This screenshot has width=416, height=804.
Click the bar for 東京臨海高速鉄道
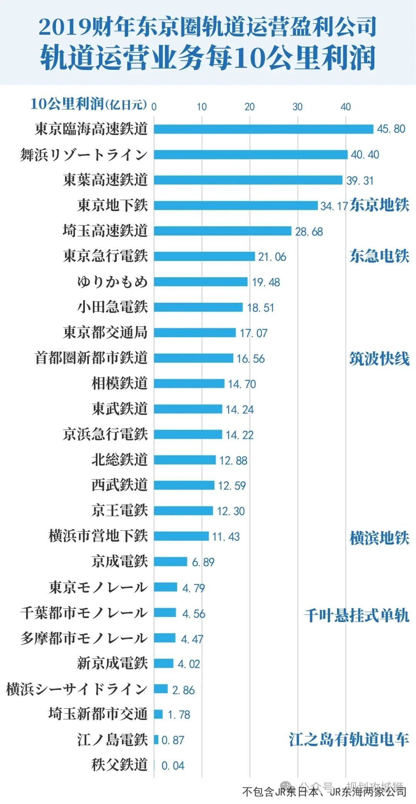point(263,129)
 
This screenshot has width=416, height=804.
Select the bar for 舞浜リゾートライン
point(251,154)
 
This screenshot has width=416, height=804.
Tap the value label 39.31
point(360,180)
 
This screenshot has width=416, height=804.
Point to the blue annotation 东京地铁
point(379,205)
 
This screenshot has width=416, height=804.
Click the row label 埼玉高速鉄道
point(105,231)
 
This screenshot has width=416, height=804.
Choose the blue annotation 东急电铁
point(379,256)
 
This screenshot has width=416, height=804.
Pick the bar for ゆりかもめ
point(201,282)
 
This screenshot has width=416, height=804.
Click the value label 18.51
point(260,308)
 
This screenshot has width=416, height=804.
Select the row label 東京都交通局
point(105,332)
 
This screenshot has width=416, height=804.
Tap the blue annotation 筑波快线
point(379,359)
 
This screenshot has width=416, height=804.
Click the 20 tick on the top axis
point(250,107)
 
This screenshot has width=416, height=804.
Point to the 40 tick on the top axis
point(346,107)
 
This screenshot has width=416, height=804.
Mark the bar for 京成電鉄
point(171,561)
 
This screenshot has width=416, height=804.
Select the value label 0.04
point(173,765)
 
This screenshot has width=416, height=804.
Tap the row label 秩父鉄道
point(119,765)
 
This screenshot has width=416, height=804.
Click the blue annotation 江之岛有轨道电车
point(349,740)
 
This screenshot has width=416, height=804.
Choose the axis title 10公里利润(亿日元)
point(89,104)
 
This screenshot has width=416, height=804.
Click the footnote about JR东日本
point(324,792)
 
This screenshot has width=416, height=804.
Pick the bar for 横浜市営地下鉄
point(181,536)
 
